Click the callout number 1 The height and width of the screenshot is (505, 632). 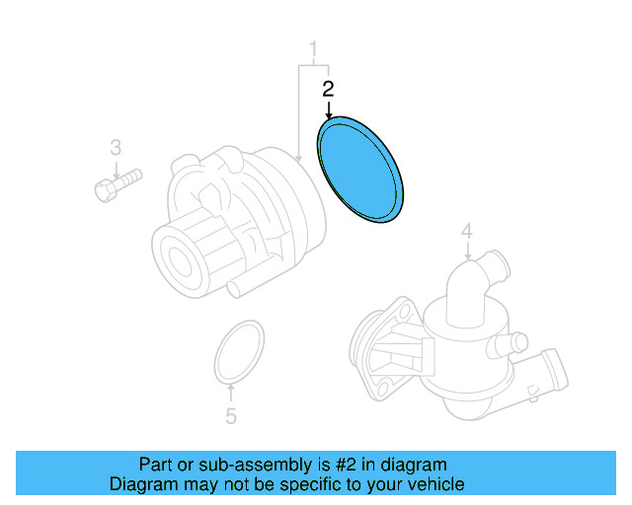tap(315, 48)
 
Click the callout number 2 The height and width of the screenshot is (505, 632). tap(329, 89)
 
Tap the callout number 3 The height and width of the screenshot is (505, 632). tap(116, 148)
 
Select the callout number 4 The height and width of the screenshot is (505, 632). tap(467, 232)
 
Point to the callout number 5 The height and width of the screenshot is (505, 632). tap(231, 416)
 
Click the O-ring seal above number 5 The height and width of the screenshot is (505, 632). tap(240, 349)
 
